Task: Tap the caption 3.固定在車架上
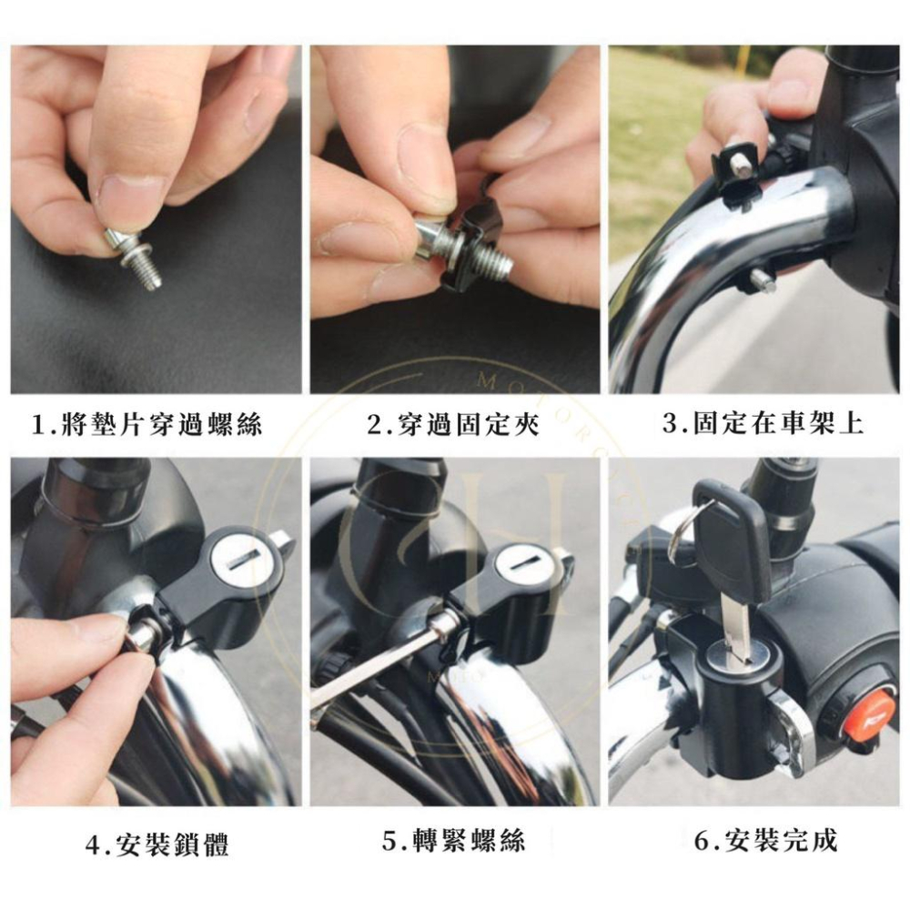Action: point(762,423)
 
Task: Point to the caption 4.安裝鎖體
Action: point(157,844)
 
